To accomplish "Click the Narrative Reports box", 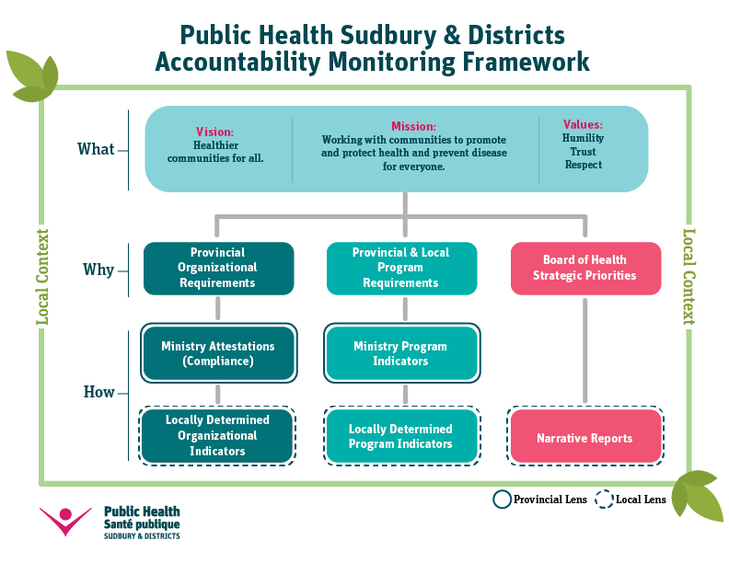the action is click(585, 436).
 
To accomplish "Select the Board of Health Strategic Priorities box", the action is click(585, 269).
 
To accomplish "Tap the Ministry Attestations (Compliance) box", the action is click(218, 353).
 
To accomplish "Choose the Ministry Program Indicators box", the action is click(401, 353).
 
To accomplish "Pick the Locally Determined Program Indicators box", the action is click(401, 436).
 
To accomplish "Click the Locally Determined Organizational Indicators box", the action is click(217, 436).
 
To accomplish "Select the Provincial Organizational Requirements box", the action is click(218, 269).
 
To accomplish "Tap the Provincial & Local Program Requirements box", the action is click(401, 269).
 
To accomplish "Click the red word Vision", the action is click(214, 132).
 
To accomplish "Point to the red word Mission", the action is click(413, 126).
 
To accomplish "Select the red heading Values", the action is click(583, 124).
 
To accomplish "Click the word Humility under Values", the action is click(583, 138).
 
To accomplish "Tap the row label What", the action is click(96, 149).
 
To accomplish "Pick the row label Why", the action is click(98, 270).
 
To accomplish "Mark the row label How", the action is click(98, 392).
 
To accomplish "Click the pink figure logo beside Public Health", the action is click(65, 522).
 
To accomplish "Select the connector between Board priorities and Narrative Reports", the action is click(584, 350).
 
